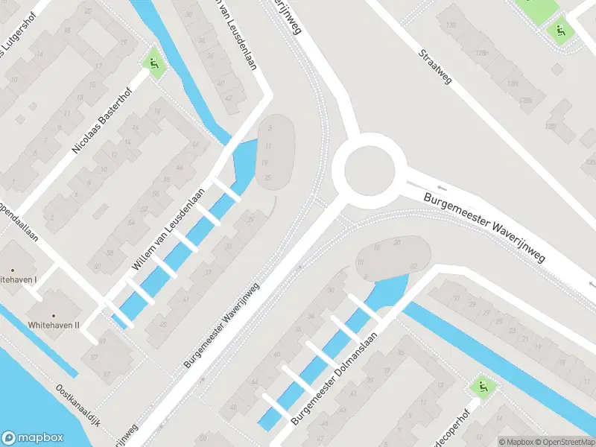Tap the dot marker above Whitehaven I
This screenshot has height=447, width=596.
[13, 269]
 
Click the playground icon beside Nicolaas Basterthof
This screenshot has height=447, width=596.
[154, 65]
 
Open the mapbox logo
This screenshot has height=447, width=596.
[32, 438]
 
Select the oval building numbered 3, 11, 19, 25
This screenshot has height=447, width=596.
[275, 152]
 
